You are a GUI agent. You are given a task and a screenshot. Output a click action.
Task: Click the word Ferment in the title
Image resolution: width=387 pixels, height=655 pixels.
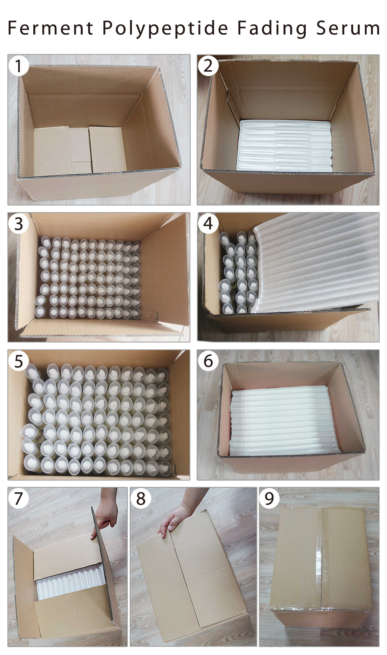tap(51, 28)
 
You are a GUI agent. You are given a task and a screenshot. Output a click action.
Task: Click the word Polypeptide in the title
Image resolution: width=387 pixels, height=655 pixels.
tap(165, 29)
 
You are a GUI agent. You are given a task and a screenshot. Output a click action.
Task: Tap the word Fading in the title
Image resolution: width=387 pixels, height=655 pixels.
tap(272, 29)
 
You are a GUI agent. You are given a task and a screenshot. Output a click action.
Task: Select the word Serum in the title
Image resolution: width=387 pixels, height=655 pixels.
tap(348, 28)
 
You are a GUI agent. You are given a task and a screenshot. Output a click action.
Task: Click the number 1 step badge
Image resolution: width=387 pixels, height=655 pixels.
tap(19, 66)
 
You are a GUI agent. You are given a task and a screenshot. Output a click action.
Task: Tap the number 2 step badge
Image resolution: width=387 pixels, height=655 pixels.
tap(208, 66)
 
